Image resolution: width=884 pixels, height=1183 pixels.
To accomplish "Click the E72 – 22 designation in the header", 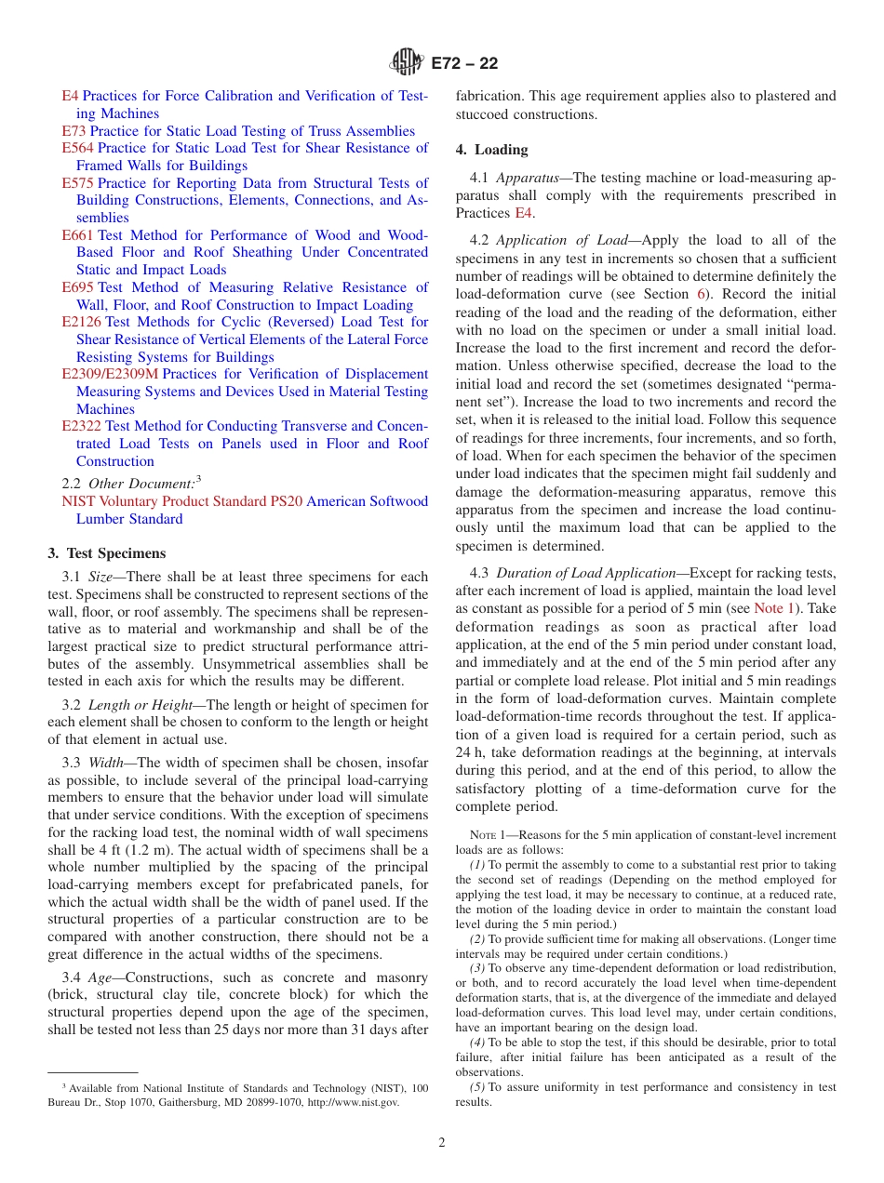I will [x=464, y=63].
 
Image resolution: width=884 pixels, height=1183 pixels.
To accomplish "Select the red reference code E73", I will [x=74, y=131].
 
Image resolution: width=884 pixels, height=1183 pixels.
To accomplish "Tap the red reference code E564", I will [x=78, y=148].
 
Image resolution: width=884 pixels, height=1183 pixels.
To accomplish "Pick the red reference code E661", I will [x=78, y=235].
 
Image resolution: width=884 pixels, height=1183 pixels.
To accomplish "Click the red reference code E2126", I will [x=82, y=322].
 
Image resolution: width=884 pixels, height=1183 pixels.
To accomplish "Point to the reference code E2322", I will [x=82, y=426].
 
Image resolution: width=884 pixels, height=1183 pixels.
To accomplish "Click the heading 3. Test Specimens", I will [x=107, y=553].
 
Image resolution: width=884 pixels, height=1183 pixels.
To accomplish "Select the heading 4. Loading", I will [x=491, y=150].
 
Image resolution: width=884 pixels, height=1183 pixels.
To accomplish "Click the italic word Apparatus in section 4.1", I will [x=528, y=179].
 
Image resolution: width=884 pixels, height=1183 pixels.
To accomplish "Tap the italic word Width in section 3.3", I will [x=106, y=763].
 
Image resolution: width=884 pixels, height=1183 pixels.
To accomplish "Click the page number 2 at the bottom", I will [x=442, y=1143].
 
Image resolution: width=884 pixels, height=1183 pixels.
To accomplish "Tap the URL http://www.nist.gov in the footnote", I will [x=353, y=1102].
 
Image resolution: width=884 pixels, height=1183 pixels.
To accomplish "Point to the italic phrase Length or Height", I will [x=135, y=705].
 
